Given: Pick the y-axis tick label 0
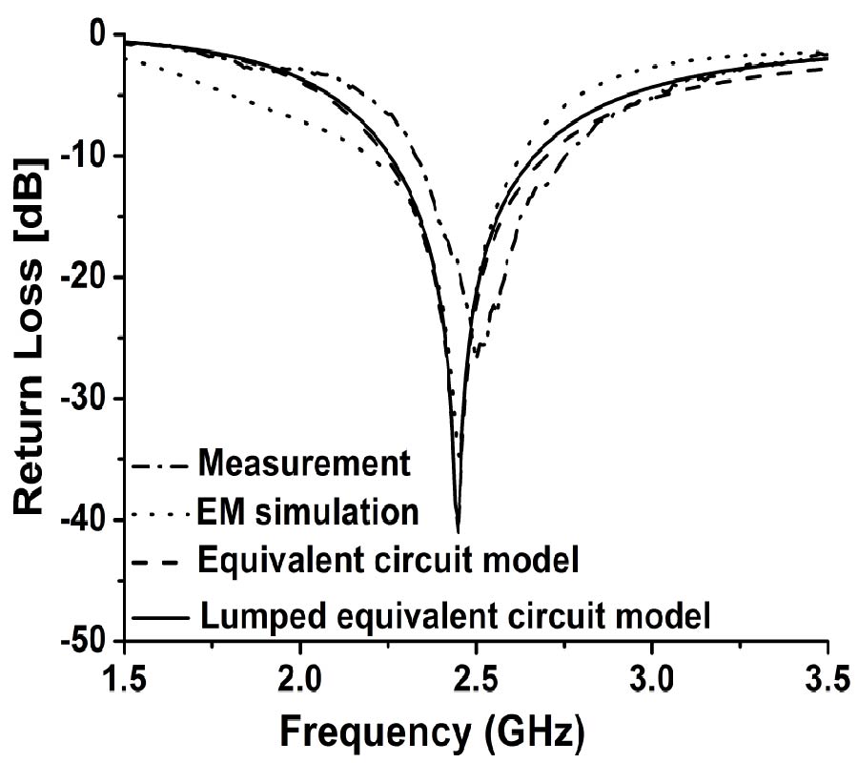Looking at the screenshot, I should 97,35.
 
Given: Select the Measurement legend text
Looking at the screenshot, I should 304,465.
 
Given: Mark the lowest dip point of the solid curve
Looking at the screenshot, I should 459,531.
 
